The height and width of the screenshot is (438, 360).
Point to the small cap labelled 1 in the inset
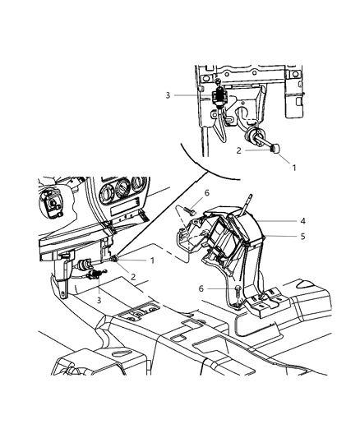(275, 148)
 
